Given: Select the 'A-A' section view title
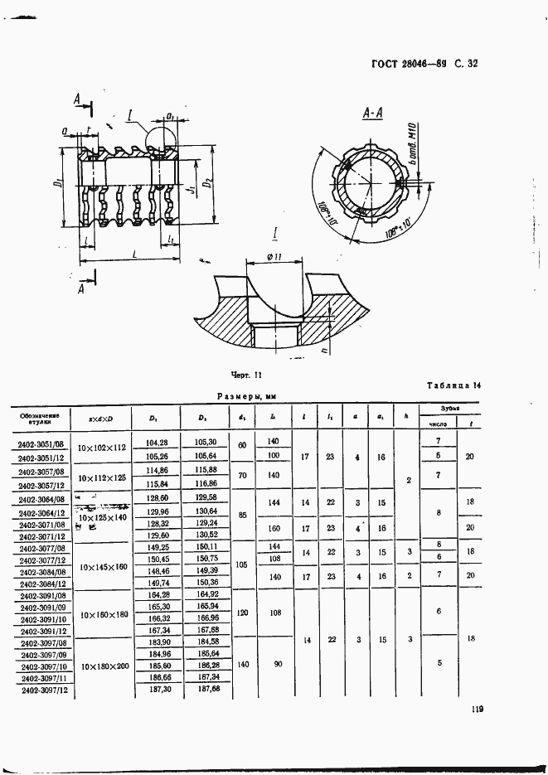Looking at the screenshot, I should pos(371,114).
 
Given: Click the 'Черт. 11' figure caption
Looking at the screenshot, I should pos(246,375).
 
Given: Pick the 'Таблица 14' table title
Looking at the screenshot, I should pos(453,385).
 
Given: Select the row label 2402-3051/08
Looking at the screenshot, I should pos(41,444).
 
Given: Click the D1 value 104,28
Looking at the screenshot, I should pos(157,443).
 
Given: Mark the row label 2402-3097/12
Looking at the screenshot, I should pos(42,690).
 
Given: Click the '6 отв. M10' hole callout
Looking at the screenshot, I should pos(412,141).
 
